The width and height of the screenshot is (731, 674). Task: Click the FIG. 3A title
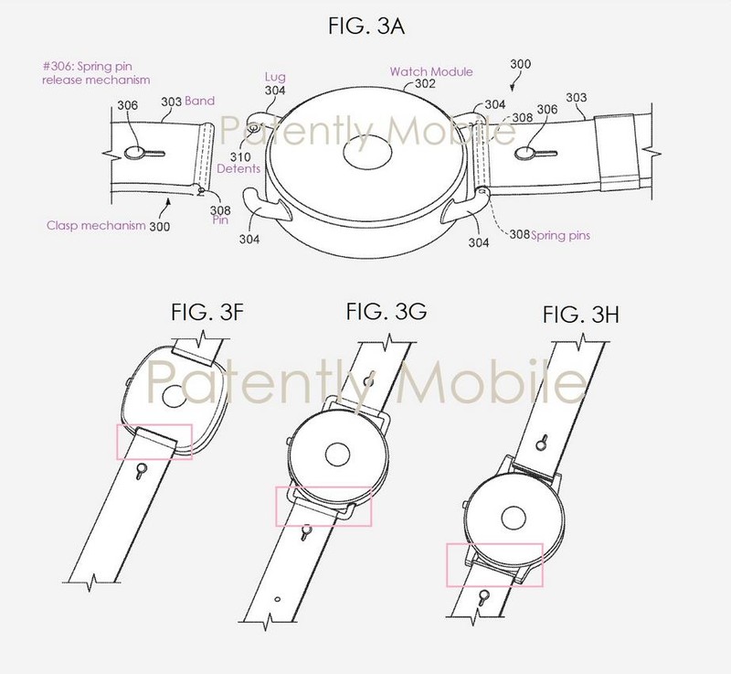point(366,26)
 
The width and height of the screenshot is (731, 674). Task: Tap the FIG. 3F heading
point(207,312)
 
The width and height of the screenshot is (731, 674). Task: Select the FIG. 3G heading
point(386,311)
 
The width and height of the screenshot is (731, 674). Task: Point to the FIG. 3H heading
point(581,316)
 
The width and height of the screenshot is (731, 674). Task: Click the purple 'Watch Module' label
point(431,72)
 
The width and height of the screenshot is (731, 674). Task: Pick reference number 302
point(425,84)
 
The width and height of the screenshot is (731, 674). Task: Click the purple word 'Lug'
point(275,78)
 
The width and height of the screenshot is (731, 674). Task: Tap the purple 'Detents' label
point(238,168)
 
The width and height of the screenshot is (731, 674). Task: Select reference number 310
point(240,156)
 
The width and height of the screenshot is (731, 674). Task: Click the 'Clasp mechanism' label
point(96,226)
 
